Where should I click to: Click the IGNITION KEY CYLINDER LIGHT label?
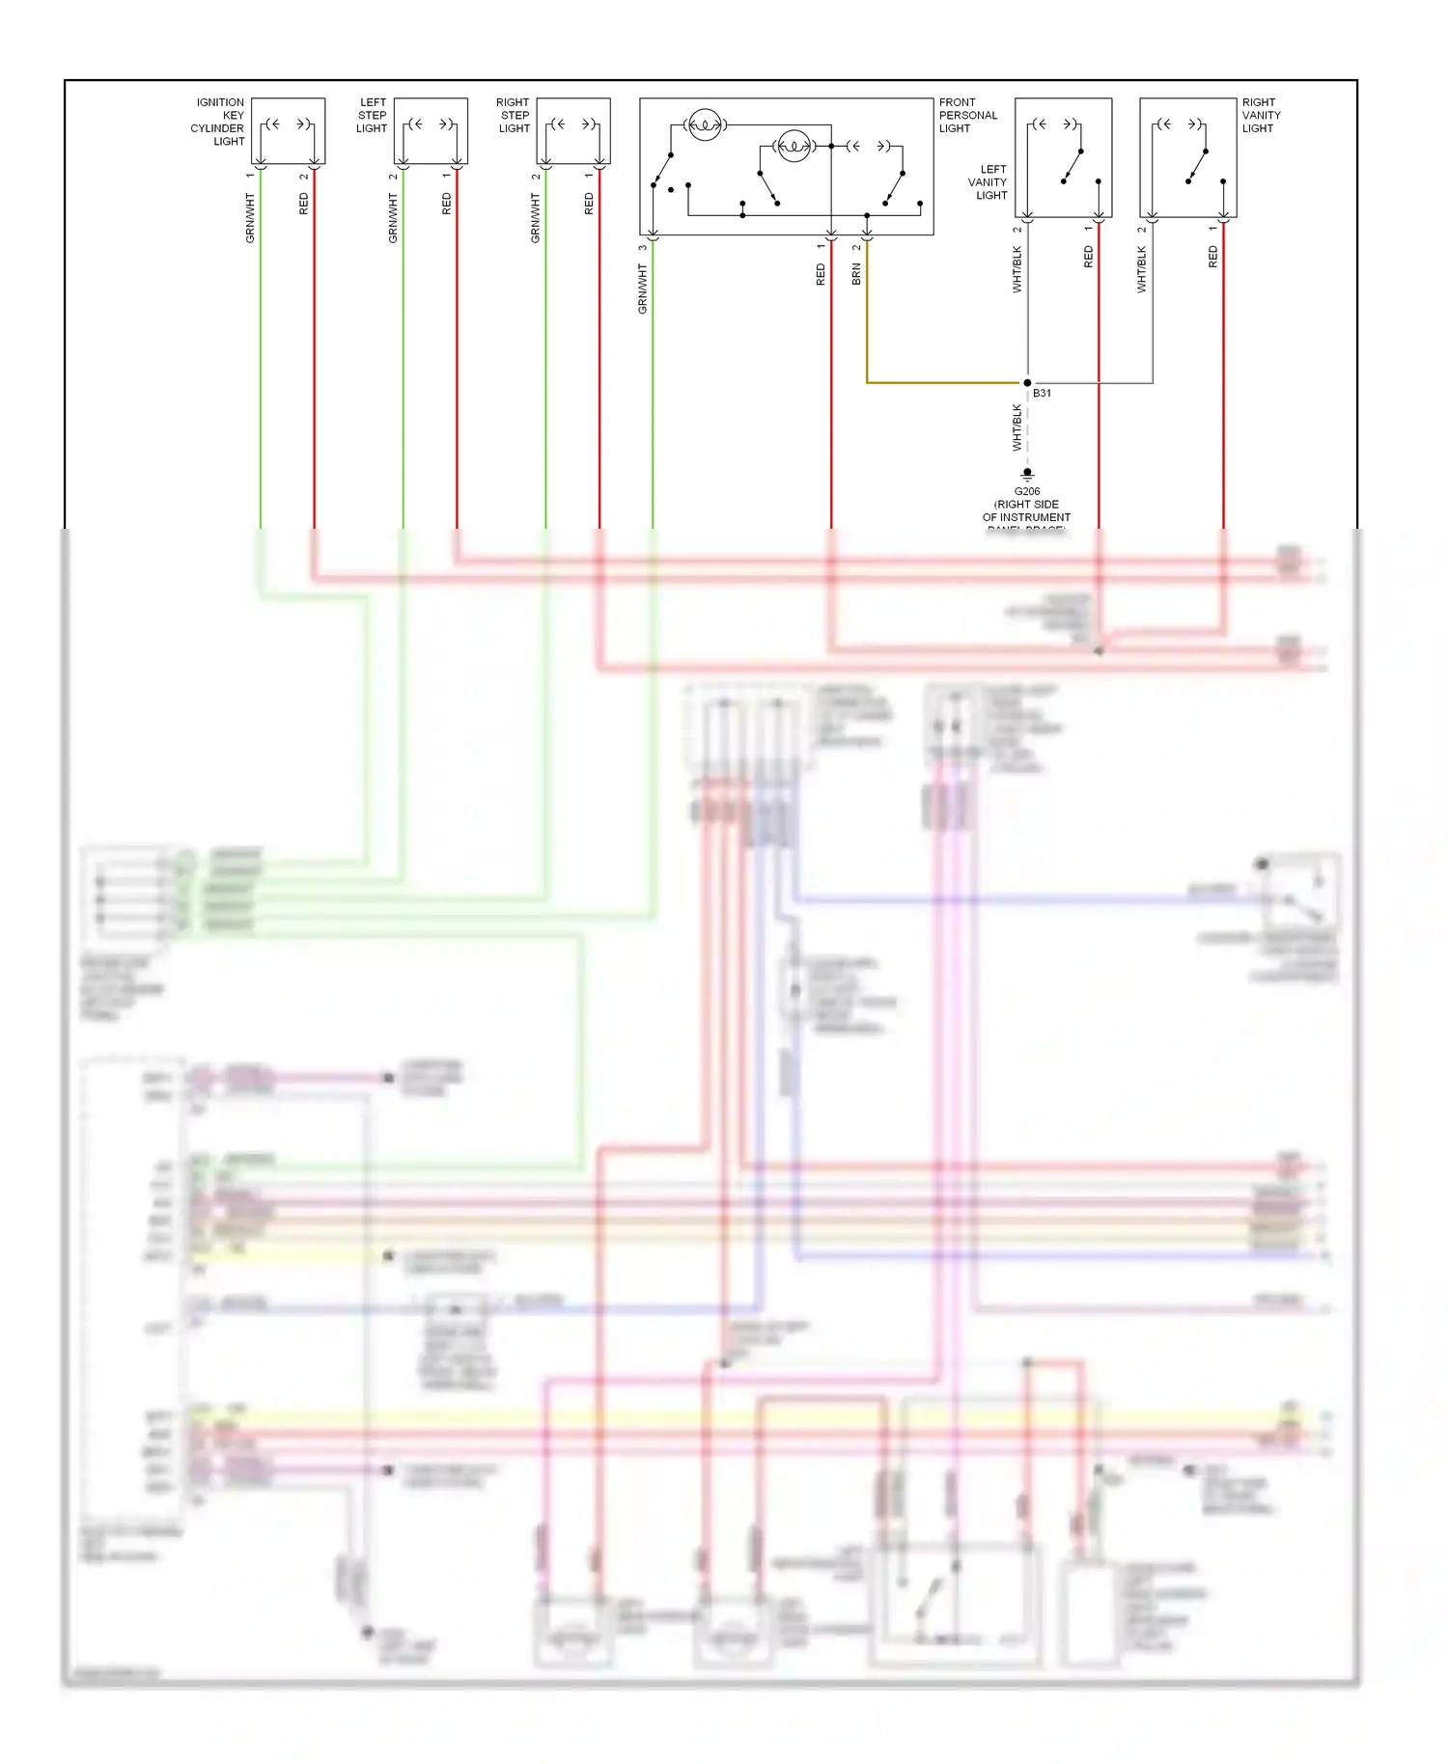click(218, 122)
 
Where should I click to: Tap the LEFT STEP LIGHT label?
click(372, 115)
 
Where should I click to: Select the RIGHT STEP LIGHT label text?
click(513, 115)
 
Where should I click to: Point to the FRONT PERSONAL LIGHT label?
click(967, 115)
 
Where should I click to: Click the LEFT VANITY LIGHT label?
click(988, 182)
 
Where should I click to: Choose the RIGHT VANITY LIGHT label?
click(1261, 115)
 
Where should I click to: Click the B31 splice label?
click(1042, 394)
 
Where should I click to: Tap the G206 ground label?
click(1026, 505)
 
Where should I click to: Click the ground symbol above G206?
click(1027, 475)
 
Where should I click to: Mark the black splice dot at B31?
click(1027, 383)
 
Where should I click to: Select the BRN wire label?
click(856, 274)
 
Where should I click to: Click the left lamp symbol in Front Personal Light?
click(705, 124)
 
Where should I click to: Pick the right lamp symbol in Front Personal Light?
click(794, 147)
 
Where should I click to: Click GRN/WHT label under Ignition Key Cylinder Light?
click(250, 218)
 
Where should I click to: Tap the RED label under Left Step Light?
click(446, 204)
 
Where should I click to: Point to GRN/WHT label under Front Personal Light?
click(642, 289)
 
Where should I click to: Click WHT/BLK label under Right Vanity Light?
click(1141, 269)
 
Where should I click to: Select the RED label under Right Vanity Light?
click(1212, 257)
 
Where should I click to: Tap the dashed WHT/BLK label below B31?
click(1016, 427)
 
